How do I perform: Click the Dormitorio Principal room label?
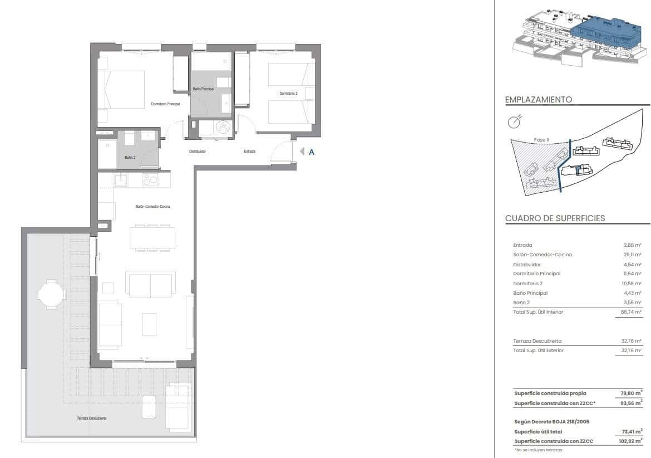click(165, 104)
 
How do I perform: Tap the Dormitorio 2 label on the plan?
click(288, 94)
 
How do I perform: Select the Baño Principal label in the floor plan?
click(203, 89)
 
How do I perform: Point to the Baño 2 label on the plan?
click(129, 157)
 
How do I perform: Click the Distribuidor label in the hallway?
click(198, 151)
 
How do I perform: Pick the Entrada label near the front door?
click(249, 151)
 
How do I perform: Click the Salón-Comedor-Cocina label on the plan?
click(152, 207)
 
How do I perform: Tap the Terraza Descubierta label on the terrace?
click(92, 418)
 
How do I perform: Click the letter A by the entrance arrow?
click(312, 152)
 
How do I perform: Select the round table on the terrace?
click(51, 294)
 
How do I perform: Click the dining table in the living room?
click(152, 238)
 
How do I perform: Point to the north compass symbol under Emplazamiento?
click(514, 122)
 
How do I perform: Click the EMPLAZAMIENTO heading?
click(538, 100)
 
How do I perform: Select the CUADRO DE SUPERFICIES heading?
click(555, 218)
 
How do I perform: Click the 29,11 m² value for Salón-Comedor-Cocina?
click(633, 255)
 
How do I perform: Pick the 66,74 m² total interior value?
click(632, 312)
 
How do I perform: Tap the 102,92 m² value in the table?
click(631, 441)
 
